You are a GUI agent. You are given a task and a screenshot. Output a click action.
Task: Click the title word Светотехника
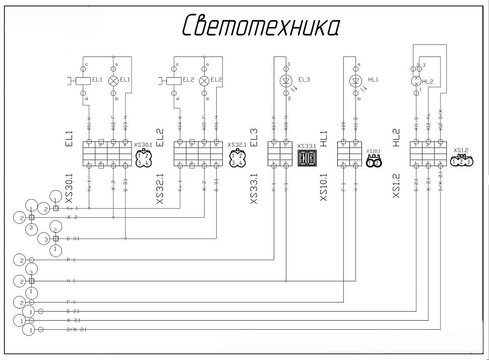click(260, 25)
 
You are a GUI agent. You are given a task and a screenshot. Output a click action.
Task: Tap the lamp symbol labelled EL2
click(204, 80)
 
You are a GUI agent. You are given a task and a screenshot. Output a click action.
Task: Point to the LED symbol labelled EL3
click(286, 80)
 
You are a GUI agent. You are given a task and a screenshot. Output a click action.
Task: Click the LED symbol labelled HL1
click(356, 80)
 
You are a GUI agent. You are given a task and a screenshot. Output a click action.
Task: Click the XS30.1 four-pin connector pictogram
click(143, 158)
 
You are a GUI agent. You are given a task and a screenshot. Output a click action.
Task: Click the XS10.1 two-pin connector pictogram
click(374, 161)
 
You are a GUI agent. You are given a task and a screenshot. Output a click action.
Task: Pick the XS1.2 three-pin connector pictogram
click(461, 161)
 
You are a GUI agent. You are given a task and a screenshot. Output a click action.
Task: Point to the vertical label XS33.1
click(254, 189)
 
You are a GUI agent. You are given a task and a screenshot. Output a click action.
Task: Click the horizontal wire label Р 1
click(71, 260)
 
